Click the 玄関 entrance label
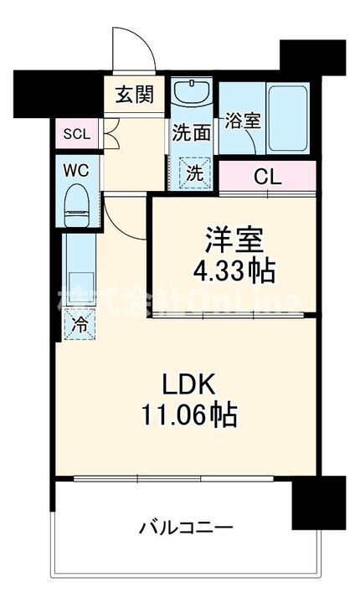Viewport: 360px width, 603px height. (x=134, y=94)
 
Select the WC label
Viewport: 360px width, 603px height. (x=78, y=167)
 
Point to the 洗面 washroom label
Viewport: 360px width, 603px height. (x=191, y=131)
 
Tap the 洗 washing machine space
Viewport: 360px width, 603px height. (x=193, y=173)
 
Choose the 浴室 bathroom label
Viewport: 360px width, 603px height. (x=242, y=120)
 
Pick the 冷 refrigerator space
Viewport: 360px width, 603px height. (x=80, y=322)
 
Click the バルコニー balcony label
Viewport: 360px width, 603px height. (x=186, y=528)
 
